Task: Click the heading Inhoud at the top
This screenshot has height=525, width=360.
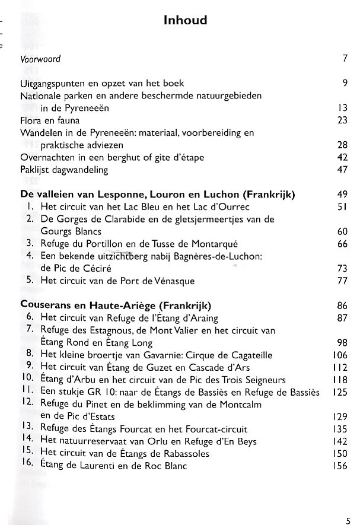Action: tap(185, 21)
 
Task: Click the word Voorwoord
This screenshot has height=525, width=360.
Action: tap(40, 59)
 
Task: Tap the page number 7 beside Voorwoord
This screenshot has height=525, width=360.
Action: tap(344, 59)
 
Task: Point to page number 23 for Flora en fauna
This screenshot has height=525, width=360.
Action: tap(341, 120)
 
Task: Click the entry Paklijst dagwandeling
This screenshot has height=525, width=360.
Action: tap(64, 170)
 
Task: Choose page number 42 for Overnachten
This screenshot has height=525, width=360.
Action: tap(341, 157)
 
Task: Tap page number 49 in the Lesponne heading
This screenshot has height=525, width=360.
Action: tap(341, 195)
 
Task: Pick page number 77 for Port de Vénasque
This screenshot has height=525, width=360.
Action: tap(341, 281)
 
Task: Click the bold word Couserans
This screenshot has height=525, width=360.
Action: tap(45, 306)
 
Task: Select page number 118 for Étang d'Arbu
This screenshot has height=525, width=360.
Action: tap(339, 380)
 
